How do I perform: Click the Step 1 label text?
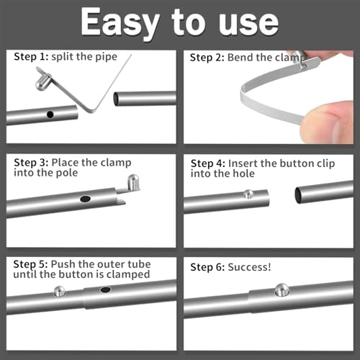30,56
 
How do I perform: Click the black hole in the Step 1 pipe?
50,114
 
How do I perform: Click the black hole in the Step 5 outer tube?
106,289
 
